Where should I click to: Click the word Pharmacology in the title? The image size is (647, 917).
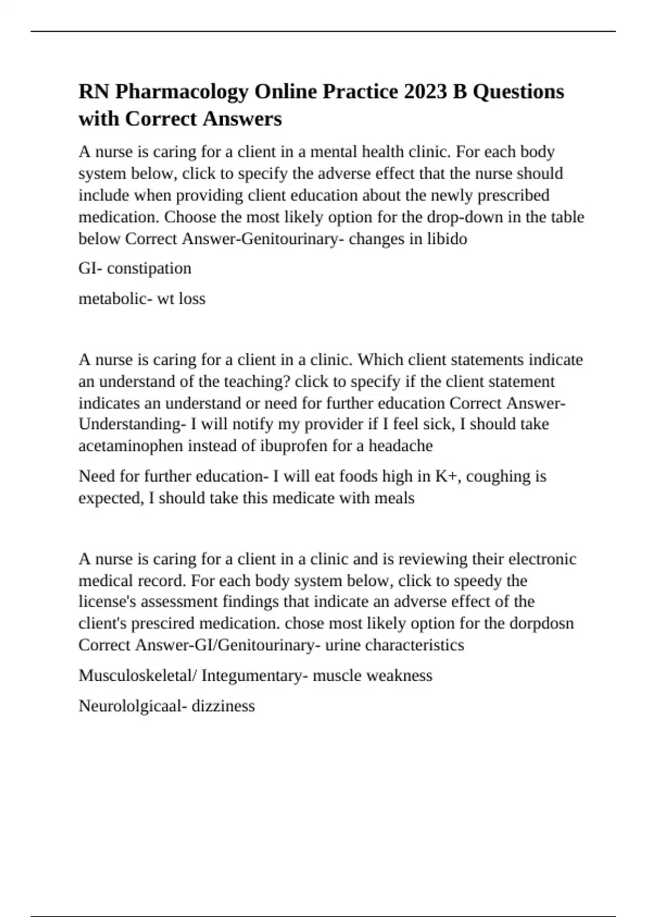pos(181,92)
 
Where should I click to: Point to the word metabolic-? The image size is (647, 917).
pos(115,298)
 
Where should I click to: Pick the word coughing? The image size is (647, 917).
pos(491,476)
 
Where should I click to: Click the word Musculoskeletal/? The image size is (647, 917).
pos(137,675)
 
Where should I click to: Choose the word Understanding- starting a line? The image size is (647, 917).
pos(130,424)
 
